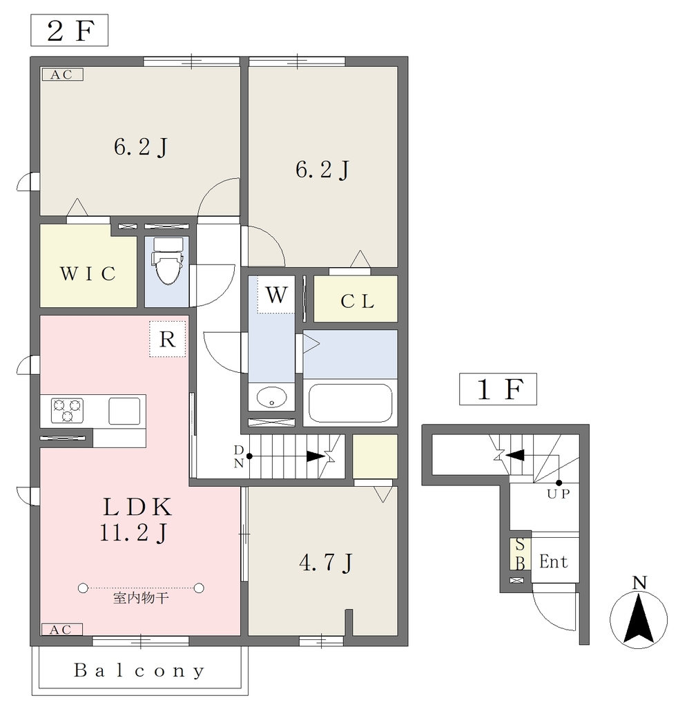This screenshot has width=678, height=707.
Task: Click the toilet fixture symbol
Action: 168,260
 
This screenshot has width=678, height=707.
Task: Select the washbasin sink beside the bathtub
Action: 271,397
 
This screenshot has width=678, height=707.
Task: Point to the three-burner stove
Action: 67,410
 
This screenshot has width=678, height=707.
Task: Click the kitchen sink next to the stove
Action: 124,411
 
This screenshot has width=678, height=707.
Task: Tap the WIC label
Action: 88,273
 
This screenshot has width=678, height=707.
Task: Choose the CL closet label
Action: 357,301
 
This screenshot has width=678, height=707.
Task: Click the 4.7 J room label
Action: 325,562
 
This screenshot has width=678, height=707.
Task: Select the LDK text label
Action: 137,507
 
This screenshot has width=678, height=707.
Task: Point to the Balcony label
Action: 139,670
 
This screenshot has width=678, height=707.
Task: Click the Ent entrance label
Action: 554,562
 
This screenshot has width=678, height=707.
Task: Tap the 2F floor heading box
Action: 70,30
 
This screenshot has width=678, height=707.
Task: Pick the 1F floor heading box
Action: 498,389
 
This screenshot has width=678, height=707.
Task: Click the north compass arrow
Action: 639,619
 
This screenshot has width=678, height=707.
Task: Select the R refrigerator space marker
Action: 167,339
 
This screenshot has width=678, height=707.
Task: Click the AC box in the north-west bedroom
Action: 63,75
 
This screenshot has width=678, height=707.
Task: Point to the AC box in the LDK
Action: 62,630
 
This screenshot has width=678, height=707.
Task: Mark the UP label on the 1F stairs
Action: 559,494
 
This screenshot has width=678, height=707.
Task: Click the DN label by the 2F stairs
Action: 239,456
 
